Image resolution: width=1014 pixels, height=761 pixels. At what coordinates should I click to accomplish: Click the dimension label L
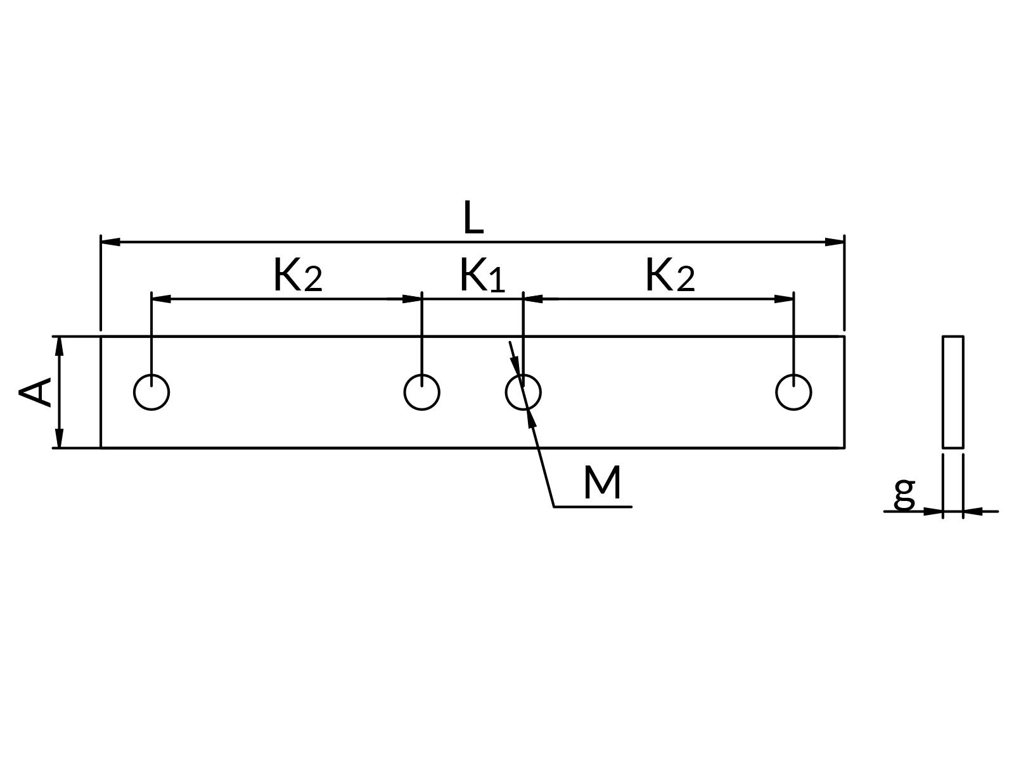tap(473, 218)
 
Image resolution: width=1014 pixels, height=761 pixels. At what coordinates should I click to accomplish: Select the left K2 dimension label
tap(297, 276)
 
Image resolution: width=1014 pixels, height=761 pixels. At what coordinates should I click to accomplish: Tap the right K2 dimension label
tap(669, 276)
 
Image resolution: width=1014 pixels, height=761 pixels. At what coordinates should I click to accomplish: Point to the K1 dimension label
tap(482, 276)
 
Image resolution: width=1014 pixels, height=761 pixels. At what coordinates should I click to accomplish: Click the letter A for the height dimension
tap(35, 392)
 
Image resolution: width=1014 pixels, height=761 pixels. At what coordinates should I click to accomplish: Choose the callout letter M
tap(602, 483)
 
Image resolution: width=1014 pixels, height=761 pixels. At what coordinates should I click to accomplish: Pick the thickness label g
tap(904, 492)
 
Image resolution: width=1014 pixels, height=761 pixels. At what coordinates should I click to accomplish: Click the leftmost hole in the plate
tap(151, 392)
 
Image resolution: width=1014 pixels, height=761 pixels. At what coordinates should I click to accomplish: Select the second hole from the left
tap(421, 392)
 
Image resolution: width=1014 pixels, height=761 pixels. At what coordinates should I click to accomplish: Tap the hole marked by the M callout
tap(523, 392)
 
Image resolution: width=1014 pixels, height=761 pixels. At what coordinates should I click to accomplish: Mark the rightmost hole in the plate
tap(793, 392)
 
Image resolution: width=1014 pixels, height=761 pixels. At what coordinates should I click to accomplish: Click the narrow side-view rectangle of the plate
tap(953, 392)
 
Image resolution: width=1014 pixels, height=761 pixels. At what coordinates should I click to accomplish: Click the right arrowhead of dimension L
tap(835, 242)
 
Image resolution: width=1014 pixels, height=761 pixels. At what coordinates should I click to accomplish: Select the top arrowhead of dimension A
tap(59, 346)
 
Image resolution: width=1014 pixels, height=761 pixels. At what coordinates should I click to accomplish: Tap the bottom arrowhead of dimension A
tap(59, 439)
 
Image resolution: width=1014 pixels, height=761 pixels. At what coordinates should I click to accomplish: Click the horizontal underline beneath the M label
tap(593, 507)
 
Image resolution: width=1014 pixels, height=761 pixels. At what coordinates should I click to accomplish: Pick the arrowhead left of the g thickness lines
tap(934, 511)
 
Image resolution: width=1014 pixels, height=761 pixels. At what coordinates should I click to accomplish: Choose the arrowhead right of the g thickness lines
tap(973, 511)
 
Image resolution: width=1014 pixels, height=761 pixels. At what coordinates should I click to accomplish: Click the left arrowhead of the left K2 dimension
tap(161, 299)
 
